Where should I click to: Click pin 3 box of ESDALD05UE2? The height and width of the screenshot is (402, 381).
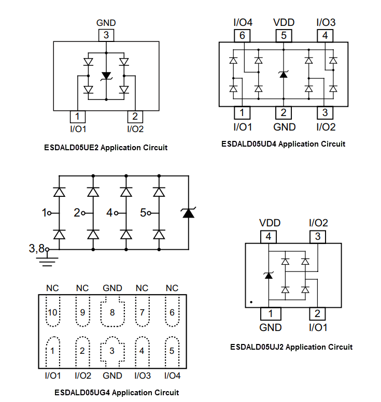click(x=106, y=35)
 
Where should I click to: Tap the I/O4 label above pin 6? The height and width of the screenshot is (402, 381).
click(x=243, y=22)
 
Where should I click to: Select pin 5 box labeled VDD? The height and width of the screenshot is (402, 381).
click(x=284, y=36)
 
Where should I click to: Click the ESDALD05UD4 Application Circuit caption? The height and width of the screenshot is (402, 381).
click(x=283, y=143)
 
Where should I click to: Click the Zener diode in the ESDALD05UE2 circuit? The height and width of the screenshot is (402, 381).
click(x=106, y=76)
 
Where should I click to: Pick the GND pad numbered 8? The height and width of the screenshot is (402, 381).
click(x=112, y=312)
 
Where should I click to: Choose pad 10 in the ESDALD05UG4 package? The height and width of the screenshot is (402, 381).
click(x=53, y=312)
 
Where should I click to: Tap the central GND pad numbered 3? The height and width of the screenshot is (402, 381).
click(x=112, y=351)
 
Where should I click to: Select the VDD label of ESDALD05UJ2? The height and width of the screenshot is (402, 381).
click(x=268, y=223)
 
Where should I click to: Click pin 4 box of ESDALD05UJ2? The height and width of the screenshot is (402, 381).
click(x=268, y=237)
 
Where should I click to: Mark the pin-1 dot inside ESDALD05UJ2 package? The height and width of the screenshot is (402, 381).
click(x=251, y=301)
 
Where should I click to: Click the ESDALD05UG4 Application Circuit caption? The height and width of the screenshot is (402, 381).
click(x=117, y=392)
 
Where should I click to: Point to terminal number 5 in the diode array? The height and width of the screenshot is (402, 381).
click(x=143, y=212)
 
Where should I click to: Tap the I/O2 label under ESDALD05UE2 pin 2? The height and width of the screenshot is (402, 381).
click(x=135, y=129)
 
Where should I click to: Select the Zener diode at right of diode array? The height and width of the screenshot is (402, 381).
click(x=188, y=212)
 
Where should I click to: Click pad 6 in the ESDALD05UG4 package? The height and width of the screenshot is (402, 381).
click(x=172, y=312)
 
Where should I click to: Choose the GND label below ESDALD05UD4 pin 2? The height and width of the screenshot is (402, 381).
click(x=284, y=127)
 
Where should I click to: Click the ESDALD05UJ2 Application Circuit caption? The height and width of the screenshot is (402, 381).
click(x=291, y=347)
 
